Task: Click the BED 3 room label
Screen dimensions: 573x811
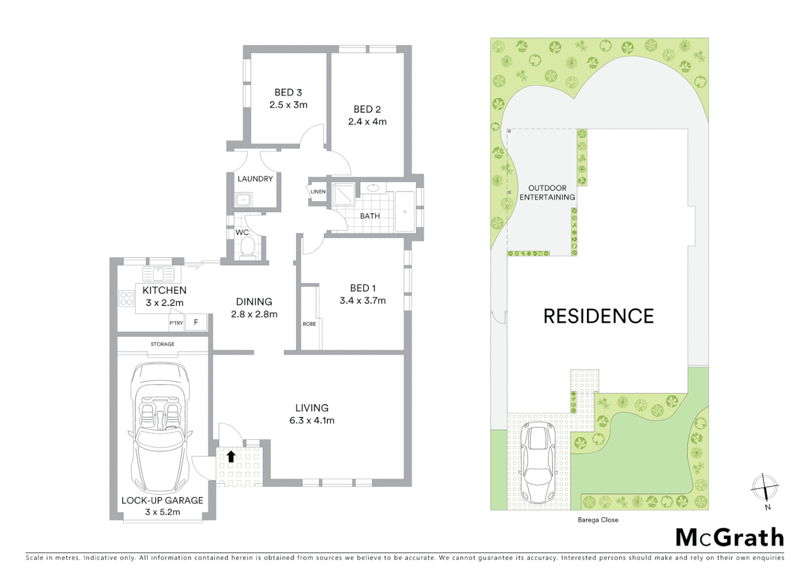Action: (x=288, y=92)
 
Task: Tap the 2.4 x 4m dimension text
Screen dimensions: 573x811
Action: (x=367, y=121)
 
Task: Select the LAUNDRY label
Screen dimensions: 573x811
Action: (x=255, y=179)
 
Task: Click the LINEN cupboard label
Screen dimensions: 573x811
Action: (x=318, y=192)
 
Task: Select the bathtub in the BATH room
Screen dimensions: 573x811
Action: (x=405, y=211)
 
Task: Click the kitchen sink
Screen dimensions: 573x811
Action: (x=158, y=275)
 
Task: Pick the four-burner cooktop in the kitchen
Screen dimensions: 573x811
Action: (x=126, y=299)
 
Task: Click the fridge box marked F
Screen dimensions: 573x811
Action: (x=196, y=323)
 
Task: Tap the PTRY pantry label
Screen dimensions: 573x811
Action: (x=176, y=323)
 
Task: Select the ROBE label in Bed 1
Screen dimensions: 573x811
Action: (x=309, y=324)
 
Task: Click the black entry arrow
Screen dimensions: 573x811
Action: (x=231, y=456)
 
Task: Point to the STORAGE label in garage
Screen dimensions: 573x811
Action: (x=162, y=344)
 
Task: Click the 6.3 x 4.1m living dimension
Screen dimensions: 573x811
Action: (x=312, y=421)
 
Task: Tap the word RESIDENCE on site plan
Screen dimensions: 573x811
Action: (x=598, y=316)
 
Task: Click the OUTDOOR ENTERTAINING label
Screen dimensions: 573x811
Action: (x=547, y=193)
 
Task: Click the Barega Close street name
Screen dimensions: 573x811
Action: (x=598, y=520)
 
